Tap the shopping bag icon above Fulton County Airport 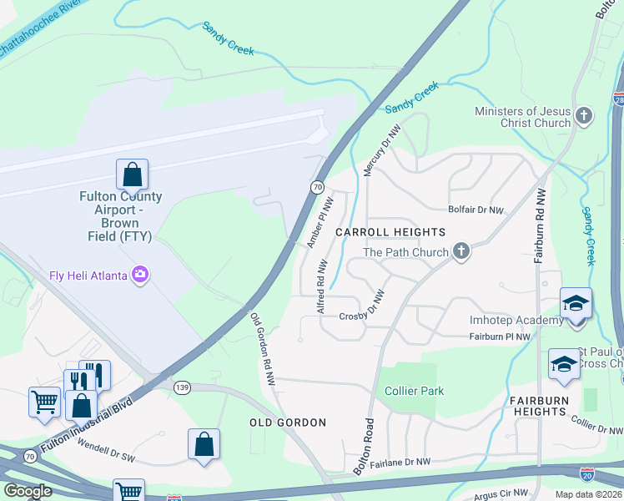point(132,175)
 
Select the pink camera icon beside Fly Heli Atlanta point(139,275)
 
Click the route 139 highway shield point(181,387)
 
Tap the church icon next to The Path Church point(459,251)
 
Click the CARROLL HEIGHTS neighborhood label point(390,231)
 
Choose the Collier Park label point(414,391)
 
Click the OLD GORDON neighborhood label point(288,423)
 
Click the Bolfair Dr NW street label point(476,210)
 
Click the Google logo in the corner point(28,491)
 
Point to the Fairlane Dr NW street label point(400,462)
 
